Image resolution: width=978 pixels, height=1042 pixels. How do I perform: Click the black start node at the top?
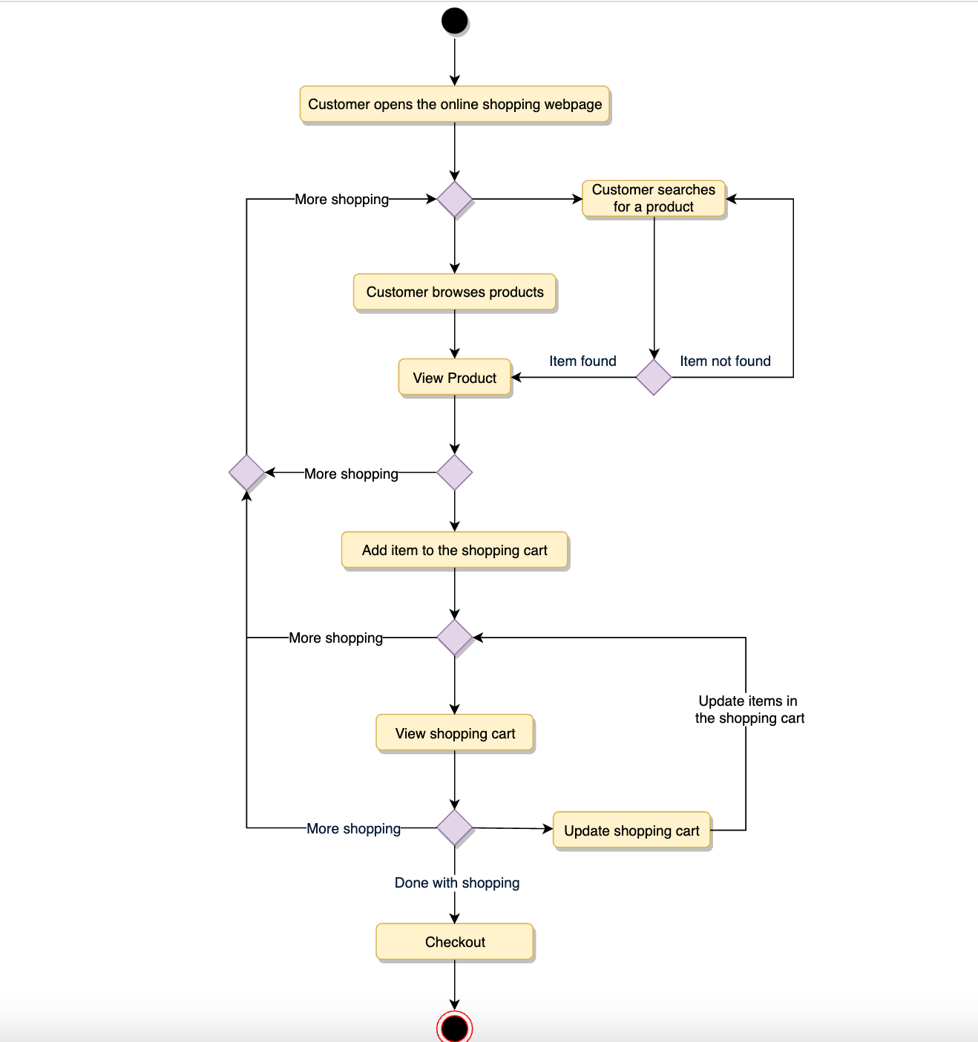tap(454, 21)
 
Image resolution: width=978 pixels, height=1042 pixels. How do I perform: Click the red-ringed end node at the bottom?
tap(454, 1028)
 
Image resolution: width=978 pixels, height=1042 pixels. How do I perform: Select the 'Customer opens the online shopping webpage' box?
tap(454, 105)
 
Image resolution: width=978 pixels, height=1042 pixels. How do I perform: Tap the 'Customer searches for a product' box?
tap(653, 199)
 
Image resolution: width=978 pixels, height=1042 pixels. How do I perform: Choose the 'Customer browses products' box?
tap(454, 292)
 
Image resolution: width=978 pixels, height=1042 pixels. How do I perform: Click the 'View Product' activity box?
tap(454, 378)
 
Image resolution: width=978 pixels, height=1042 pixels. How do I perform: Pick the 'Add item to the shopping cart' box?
tap(454, 550)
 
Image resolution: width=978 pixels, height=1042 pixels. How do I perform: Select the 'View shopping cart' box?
tap(454, 733)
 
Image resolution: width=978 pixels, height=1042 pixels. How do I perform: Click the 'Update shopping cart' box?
tap(631, 830)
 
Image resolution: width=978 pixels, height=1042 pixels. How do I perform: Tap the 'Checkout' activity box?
tap(454, 942)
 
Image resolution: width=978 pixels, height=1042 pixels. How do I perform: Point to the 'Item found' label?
tap(582, 361)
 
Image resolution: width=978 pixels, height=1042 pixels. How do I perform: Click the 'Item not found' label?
tap(725, 361)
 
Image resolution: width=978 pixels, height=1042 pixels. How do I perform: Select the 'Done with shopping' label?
tap(456, 882)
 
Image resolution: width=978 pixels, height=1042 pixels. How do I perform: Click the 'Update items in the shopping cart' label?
tap(749, 710)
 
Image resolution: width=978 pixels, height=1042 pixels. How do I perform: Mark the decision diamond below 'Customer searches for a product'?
tap(654, 378)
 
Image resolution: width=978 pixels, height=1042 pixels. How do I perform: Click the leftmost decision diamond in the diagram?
tap(247, 473)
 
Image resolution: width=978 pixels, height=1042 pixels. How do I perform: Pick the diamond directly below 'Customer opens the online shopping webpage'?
tap(454, 199)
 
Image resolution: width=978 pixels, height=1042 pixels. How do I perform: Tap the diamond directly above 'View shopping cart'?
tap(454, 638)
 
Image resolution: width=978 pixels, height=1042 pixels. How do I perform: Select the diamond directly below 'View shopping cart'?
tap(454, 828)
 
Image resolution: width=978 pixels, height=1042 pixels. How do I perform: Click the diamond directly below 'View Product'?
tap(454, 473)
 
